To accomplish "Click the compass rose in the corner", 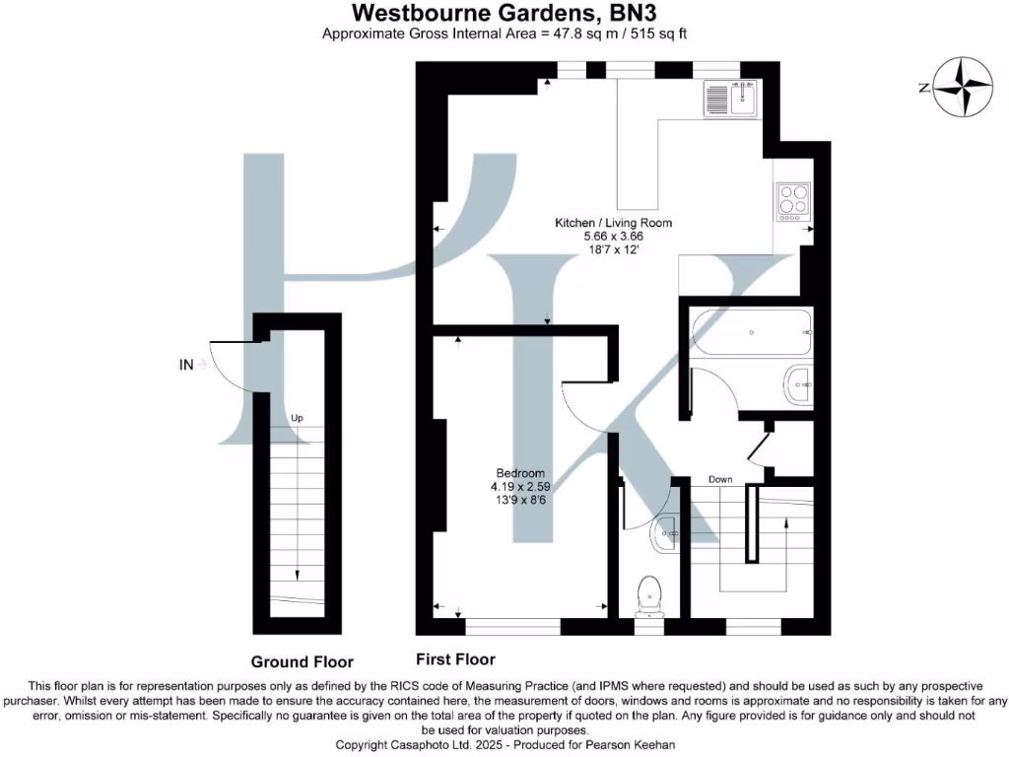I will pos(964,88).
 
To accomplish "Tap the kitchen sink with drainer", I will pos(730,99).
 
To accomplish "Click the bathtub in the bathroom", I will pos(751,333).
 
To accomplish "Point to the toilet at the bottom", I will pos(648,593).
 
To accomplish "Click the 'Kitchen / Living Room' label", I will pos(613,223).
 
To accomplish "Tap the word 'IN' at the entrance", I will pos(186,365).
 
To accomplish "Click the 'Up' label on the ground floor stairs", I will pos(297,418).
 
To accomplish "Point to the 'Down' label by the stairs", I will pos(720,480).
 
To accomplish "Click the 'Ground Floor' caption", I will pos(302,662).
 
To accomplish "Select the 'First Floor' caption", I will pos(456,659).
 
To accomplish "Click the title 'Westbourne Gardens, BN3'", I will pos(504,13).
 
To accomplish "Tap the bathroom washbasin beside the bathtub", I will pos(799,383).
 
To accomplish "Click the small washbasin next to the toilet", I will pos(669,532).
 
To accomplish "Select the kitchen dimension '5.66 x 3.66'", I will pos(613,237).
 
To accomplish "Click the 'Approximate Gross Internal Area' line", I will pos(504,34).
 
